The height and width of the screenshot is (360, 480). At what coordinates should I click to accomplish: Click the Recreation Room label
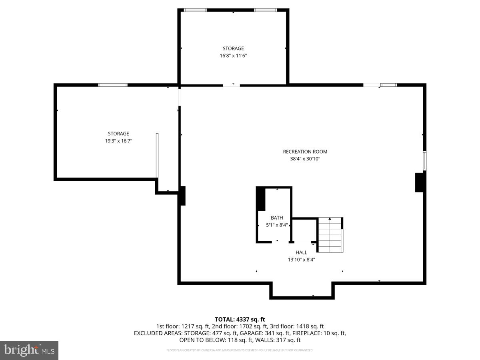[x=305, y=152]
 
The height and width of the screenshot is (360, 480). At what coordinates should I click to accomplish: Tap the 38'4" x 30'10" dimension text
[x=305, y=159]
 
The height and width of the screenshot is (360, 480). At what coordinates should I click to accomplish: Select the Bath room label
[x=277, y=218]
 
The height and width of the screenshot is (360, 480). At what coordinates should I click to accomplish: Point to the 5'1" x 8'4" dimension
[x=277, y=225]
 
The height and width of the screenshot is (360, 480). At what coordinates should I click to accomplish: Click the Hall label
[x=301, y=252]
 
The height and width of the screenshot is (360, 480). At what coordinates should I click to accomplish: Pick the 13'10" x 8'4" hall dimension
[x=301, y=260]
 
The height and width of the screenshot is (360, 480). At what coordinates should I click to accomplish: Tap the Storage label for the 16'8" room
[x=233, y=49]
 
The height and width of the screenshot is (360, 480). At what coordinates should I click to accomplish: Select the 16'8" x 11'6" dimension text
[x=233, y=56]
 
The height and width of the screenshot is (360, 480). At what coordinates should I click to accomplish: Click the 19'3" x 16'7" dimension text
[x=118, y=141]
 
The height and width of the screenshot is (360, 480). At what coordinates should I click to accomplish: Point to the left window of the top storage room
[x=195, y=10]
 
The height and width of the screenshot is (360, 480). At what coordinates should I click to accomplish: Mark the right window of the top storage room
[x=266, y=10]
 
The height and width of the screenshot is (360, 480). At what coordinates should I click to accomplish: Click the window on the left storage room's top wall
[x=113, y=85]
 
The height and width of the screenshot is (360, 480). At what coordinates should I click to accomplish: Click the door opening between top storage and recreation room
[x=231, y=85]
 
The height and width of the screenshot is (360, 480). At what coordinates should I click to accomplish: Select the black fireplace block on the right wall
[x=420, y=182]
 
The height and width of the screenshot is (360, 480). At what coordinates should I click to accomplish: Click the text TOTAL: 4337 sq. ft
[x=240, y=319]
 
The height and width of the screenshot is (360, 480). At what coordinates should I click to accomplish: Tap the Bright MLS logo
[x=29, y=350]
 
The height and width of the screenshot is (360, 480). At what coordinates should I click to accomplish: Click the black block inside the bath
[x=261, y=199]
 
